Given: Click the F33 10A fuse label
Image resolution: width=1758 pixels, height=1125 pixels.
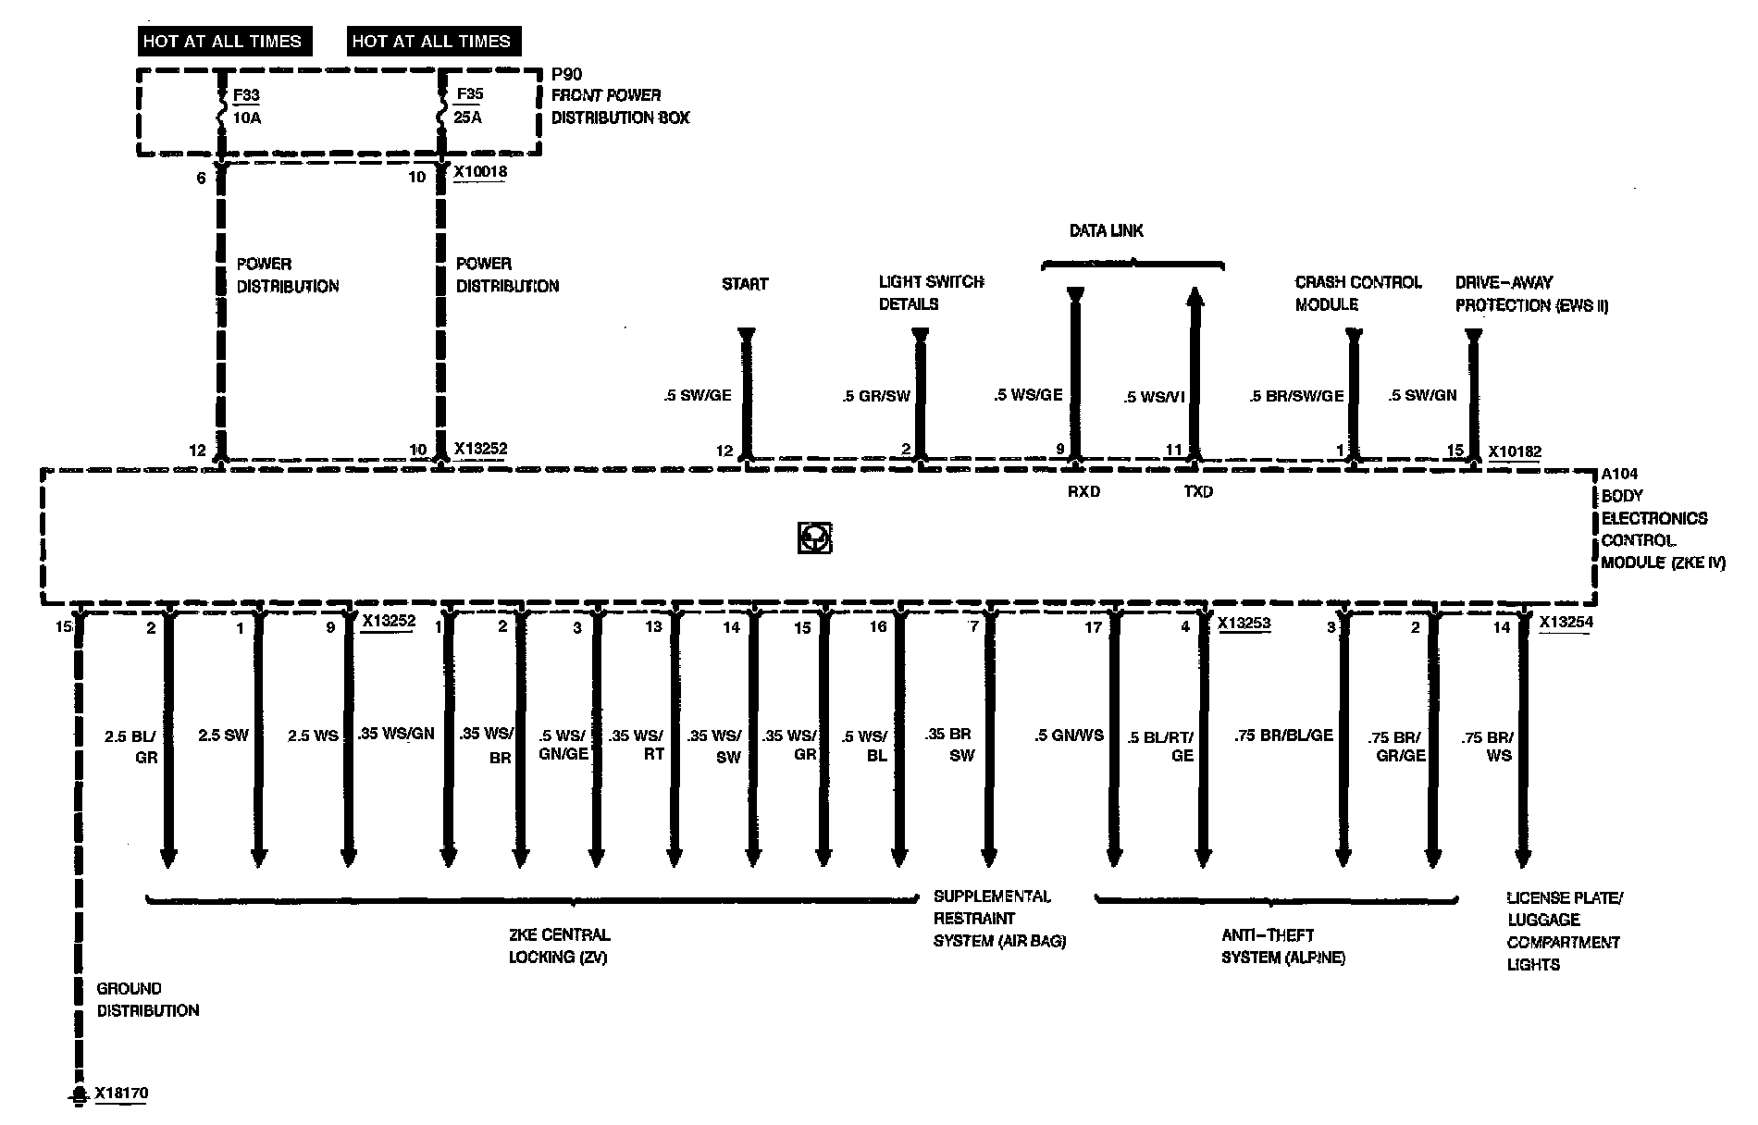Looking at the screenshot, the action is tap(246, 105).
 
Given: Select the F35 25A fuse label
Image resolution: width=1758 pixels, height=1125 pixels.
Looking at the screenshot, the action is tap(469, 105).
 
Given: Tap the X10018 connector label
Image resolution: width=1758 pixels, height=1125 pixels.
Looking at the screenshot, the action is tap(480, 172).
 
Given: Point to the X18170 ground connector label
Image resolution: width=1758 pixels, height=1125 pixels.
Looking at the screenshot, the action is tap(121, 1094).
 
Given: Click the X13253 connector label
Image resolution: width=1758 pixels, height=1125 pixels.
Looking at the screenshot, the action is tap(1244, 624).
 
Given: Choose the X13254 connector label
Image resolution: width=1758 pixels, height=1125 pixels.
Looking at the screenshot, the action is tap(1566, 623).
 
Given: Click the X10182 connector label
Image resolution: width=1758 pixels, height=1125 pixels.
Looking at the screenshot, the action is tap(1515, 452).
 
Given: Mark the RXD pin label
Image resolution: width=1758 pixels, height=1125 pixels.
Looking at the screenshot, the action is tap(1083, 492).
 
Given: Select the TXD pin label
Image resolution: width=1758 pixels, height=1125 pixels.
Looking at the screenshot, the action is tap(1198, 492).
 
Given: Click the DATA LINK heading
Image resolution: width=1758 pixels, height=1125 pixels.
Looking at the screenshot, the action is tap(1106, 230).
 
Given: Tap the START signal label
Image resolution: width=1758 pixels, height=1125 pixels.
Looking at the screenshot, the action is tap(745, 284).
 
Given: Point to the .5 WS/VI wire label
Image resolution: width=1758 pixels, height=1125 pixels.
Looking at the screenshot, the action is tap(1154, 397).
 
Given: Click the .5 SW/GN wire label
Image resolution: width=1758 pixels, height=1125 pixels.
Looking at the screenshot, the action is tap(1422, 395).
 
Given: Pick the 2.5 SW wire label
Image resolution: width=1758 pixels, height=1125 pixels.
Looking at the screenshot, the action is tap(223, 735).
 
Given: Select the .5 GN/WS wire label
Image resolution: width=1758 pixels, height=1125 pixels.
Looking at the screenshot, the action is tap(1069, 736).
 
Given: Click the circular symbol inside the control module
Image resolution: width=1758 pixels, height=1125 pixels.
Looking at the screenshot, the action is tap(814, 538).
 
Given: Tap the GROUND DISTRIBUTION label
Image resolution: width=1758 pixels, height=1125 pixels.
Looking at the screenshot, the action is tap(148, 999).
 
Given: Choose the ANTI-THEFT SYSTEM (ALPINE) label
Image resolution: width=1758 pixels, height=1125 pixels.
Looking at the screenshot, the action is tap(1282, 946).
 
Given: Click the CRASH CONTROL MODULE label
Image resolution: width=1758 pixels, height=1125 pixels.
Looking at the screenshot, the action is tap(1357, 293).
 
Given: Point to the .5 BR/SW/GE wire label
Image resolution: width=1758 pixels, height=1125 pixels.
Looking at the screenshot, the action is tap(1295, 396).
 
